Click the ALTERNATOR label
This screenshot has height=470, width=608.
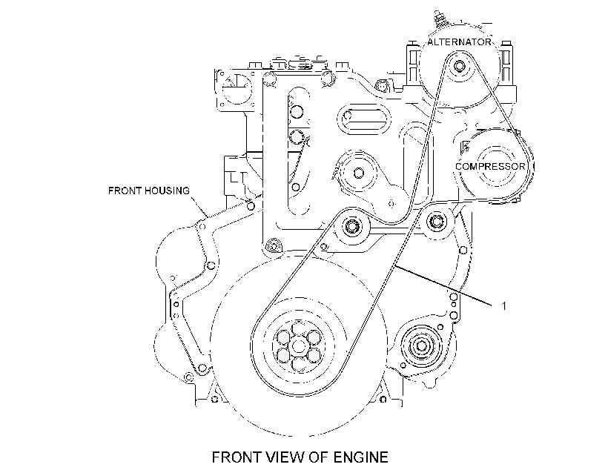(459, 42)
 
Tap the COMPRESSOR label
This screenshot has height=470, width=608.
(490, 166)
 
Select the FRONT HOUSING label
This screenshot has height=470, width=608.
(149, 191)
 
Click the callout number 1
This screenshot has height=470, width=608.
(503, 306)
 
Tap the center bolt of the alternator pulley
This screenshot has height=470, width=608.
(460, 66)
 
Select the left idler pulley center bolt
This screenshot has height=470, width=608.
(352, 225)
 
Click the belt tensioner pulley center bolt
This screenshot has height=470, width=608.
(359, 173)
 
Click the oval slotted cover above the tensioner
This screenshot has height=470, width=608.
(365, 119)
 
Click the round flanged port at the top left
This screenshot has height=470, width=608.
(236, 90)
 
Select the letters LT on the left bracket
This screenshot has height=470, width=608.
(238, 178)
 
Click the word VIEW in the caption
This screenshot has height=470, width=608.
(286, 457)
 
